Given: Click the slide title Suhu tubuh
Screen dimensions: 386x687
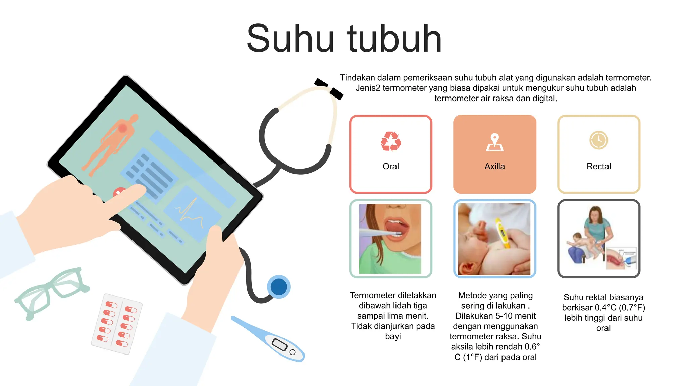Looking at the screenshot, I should coord(344,39).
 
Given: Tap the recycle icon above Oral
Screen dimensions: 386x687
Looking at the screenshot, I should coord(391,141).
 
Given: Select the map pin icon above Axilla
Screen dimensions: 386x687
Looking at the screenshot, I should coord(495,142).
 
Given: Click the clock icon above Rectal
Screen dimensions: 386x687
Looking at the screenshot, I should coord(599,140).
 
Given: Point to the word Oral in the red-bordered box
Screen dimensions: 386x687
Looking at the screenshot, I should coord(391,166).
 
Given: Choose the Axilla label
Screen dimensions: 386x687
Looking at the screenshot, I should coord(495,166).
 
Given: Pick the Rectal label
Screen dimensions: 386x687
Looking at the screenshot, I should coord(599,166).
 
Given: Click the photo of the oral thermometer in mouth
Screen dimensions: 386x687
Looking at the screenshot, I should coord(390,239).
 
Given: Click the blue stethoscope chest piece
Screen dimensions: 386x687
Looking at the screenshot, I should coord(279,287).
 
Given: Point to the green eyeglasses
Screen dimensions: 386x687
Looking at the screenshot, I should coord(52,292).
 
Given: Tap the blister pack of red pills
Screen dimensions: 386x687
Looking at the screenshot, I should coord(117,324).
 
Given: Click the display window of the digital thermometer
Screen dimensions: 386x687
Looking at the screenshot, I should coord(279,344).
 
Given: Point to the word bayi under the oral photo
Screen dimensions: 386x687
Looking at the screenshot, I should coord(393,336).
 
